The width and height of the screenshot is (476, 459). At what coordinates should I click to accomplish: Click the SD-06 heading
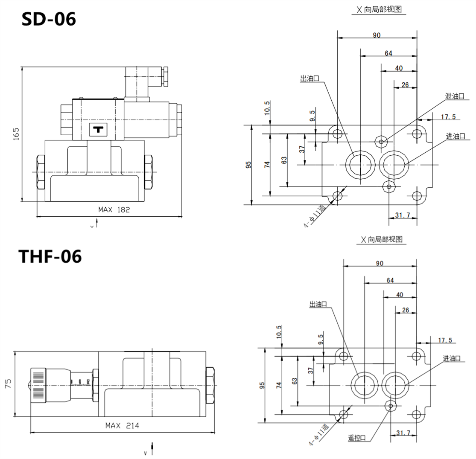49,19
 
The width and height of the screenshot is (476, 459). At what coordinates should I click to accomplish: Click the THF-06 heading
50,257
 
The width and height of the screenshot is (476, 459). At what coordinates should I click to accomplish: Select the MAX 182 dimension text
114,209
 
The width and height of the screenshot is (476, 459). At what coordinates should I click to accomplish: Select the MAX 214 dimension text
122,425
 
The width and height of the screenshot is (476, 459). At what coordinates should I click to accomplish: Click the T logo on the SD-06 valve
99,130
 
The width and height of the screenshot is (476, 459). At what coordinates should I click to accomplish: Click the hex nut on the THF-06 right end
210,385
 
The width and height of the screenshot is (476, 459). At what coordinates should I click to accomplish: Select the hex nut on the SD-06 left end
41,172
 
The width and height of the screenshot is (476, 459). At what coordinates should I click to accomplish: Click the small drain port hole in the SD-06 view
380,141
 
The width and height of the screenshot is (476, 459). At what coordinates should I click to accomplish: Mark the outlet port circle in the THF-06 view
365,385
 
